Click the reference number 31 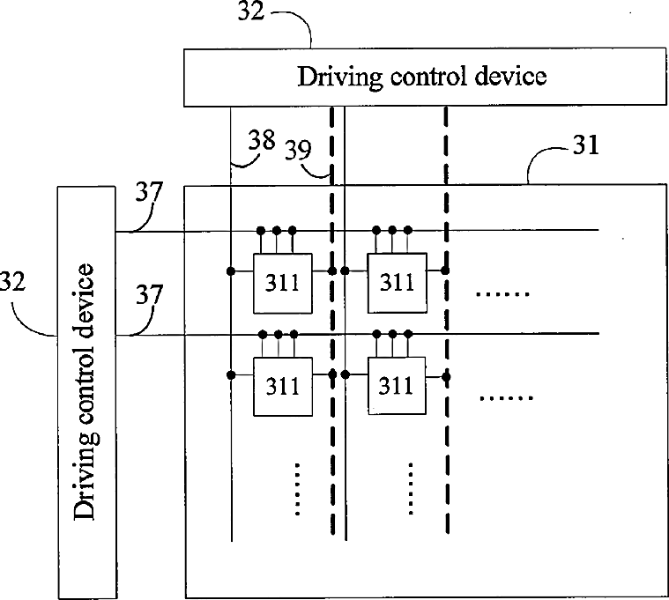(x=586, y=145)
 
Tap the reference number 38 (x=262, y=140)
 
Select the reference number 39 (x=298, y=149)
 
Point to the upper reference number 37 (x=149, y=192)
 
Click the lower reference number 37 (x=149, y=294)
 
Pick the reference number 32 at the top (x=251, y=11)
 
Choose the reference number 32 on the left (x=13, y=281)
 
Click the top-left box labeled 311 (x=282, y=284)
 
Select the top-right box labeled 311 (x=398, y=283)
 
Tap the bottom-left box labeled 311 (x=282, y=387)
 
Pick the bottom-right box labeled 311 (x=397, y=386)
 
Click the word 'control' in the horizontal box (x=427, y=77)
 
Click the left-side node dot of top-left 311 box (x=231, y=270)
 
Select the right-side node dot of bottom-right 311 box (x=446, y=377)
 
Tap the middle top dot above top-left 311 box (x=277, y=231)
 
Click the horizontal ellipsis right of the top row (x=502, y=293)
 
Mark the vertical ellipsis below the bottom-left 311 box (x=297, y=489)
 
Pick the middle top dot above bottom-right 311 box (x=393, y=334)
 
